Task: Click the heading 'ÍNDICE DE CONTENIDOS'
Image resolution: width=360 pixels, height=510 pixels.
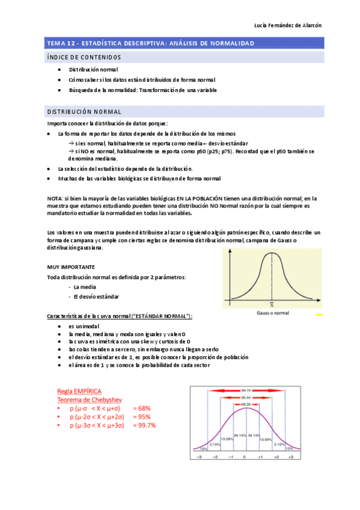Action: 84,57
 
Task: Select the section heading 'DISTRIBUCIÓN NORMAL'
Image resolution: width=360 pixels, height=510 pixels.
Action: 84,112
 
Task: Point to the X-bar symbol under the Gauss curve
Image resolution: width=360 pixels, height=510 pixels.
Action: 272,307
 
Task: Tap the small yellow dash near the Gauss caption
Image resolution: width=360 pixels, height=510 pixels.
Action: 319,314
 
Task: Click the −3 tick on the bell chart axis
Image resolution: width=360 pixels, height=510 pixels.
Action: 199,457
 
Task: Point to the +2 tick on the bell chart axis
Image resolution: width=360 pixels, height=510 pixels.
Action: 276,457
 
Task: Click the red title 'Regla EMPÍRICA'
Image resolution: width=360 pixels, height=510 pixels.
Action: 79,390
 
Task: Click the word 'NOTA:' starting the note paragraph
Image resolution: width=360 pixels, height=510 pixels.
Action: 55,198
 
